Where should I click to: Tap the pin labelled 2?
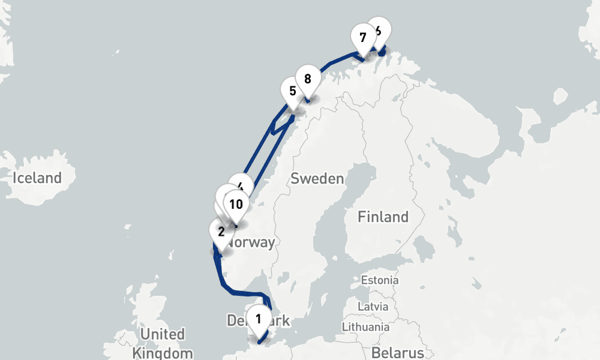[x=221, y=232]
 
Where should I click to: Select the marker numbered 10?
[x=236, y=204]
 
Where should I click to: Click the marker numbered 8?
[x=307, y=79]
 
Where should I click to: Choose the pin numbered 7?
[x=362, y=37]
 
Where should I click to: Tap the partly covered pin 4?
[x=241, y=184]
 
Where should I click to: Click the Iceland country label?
[x=37, y=178]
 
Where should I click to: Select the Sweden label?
[x=317, y=179]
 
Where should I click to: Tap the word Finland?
[x=383, y=217]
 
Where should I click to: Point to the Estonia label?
[x=379, y=280]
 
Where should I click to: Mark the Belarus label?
[x=397, y=352]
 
